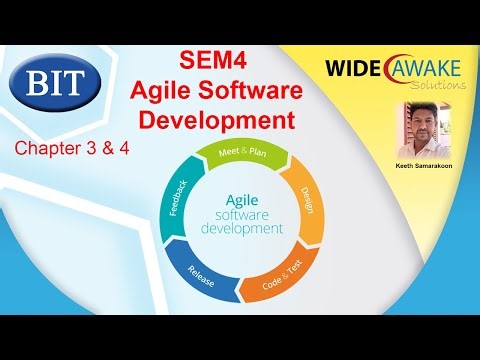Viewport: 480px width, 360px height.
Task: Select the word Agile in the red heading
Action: pyautogui.click(x=162, y=91)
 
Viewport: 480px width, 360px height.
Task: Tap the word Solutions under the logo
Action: pyautogui.click(x=440, y=86)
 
